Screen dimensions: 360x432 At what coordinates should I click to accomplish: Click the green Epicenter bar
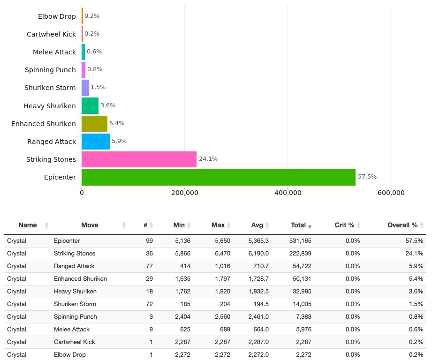coord(218,177)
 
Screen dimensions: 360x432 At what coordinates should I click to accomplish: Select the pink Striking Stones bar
coord(139,159)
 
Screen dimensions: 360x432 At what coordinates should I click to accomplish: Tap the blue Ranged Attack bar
coord(96,142)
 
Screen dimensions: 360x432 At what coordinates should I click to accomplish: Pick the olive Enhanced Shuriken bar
coord(94,124)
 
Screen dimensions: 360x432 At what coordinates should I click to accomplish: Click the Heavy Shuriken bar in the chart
coord(90,106)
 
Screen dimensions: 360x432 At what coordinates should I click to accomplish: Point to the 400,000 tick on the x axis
coord(288,193)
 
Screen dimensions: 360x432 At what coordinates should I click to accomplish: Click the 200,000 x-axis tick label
coord(185,193)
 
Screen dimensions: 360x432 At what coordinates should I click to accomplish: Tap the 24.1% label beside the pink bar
coord(208,159)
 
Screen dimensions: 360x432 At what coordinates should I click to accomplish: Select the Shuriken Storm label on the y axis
coord(50,88)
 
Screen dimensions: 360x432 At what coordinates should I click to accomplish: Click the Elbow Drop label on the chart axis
coord(57,16)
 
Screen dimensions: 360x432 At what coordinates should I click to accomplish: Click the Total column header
coord(298,225)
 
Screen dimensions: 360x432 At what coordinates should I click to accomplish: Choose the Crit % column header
coord(344,225)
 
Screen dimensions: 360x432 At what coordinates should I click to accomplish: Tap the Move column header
coord(90,225)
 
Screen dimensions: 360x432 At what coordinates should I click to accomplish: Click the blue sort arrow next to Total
coord(310,226)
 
